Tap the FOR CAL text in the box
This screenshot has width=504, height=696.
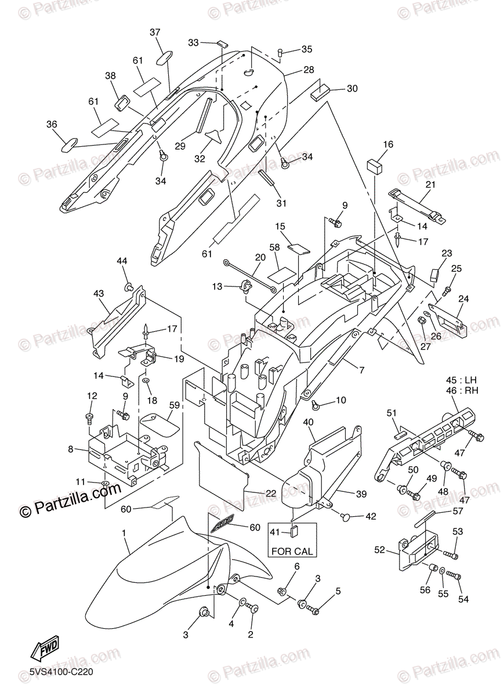[x=292, y=551]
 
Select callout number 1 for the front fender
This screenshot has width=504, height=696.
[x=124, y=532]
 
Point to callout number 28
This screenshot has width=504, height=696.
[x=309, y=70]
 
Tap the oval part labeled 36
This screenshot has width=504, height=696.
[x=71, y=143]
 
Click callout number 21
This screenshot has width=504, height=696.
[x=430, y=184]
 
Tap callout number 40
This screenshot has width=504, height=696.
[x=309, y=422]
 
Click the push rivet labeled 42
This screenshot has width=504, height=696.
[x=345, y=515]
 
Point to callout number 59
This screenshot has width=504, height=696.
[x=173, y=405]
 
